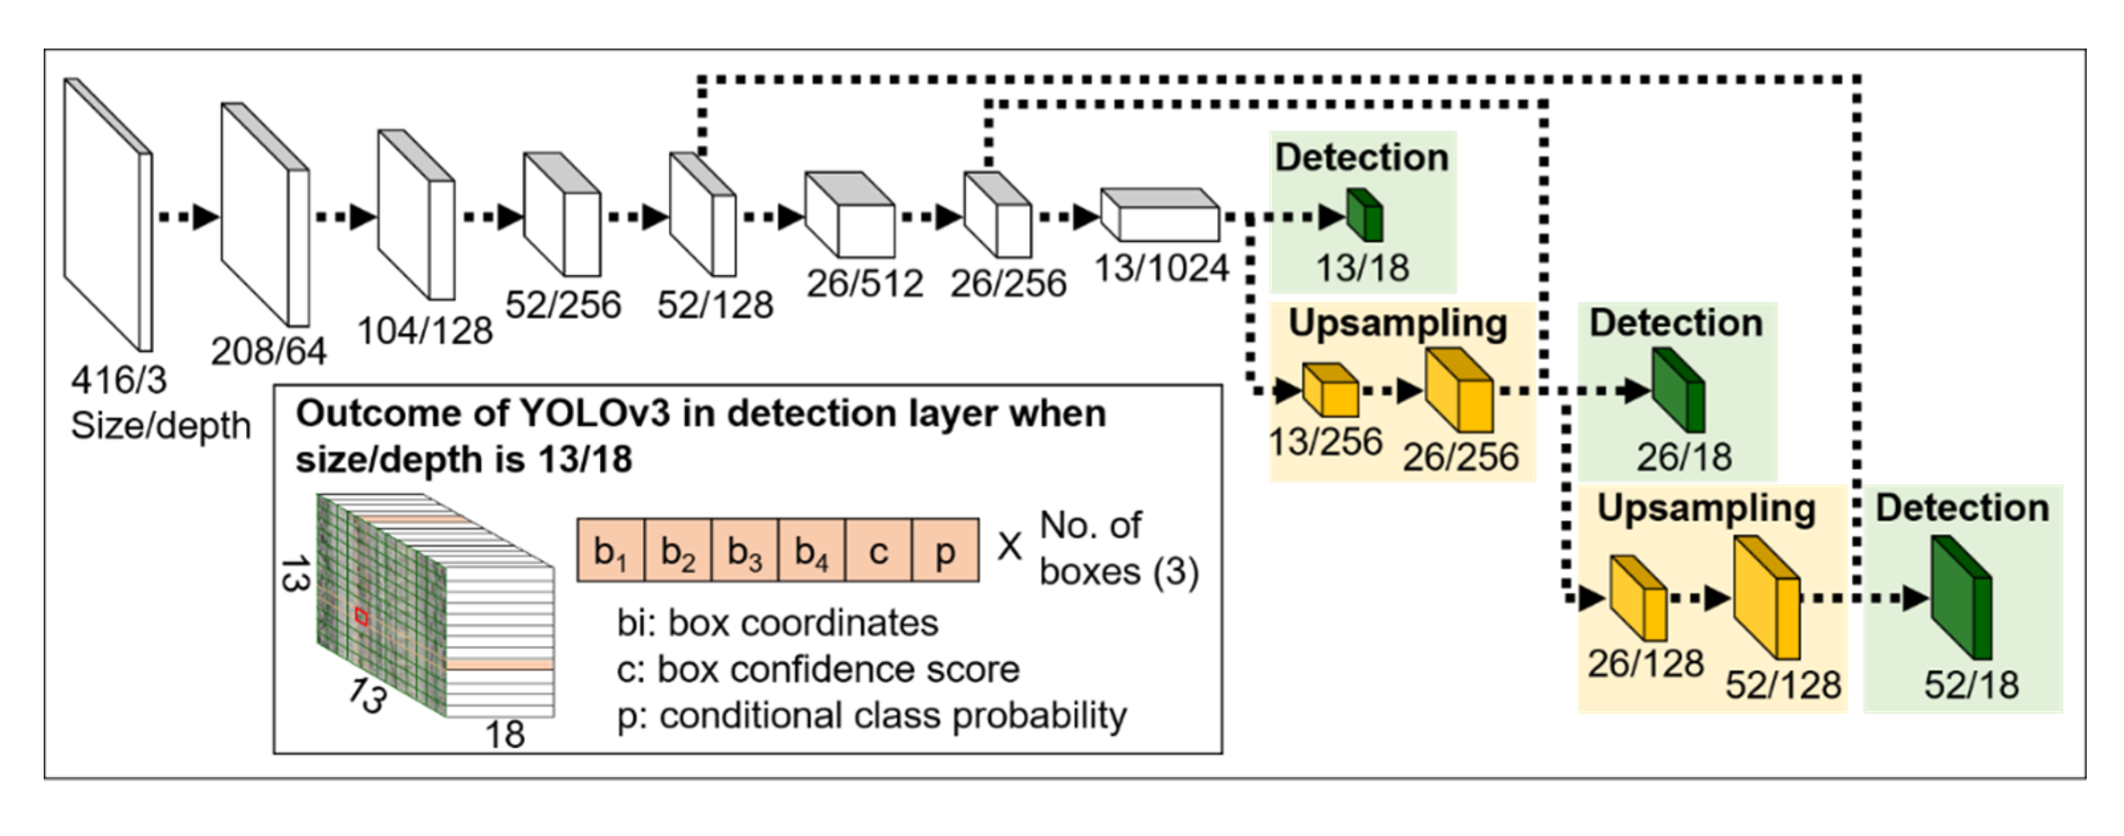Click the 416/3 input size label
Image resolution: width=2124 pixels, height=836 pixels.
[119, 381]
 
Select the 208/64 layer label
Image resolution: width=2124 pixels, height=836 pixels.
[269, 352]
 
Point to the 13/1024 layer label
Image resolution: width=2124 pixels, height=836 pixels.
[1161, 269]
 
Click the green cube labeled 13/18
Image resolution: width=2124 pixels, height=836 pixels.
[1364, 216]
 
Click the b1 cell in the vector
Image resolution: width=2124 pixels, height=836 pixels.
[610, 551]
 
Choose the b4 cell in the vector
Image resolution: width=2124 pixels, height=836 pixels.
[811, 551]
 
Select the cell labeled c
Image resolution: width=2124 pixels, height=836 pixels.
[878, 551]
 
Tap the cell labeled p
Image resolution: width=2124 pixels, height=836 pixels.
[945, 551]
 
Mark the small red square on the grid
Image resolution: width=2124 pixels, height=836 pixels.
[361, 616]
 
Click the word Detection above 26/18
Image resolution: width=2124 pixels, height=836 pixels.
[1676, 323]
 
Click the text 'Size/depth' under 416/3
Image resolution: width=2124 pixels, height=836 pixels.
[161, 426]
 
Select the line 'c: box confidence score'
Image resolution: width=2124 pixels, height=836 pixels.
[818, 669]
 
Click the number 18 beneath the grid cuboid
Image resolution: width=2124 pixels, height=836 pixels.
[505, 734]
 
